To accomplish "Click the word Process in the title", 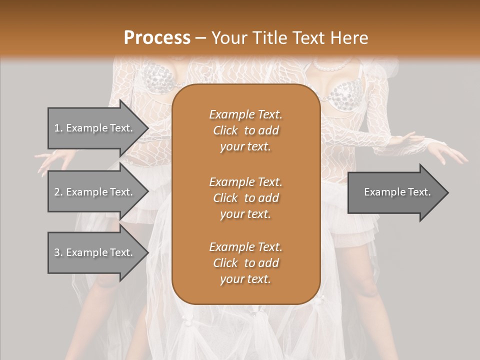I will pos(157,37).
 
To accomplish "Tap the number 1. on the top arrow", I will pos(58,128).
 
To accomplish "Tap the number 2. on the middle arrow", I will pos(58,192).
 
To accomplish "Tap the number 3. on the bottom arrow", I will pos(58,252).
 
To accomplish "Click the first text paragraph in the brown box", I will pos(245,130).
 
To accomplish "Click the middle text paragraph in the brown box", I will pos(245,198).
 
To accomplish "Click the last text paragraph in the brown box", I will pos(245,263).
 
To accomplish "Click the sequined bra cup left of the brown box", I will pos(159,80).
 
